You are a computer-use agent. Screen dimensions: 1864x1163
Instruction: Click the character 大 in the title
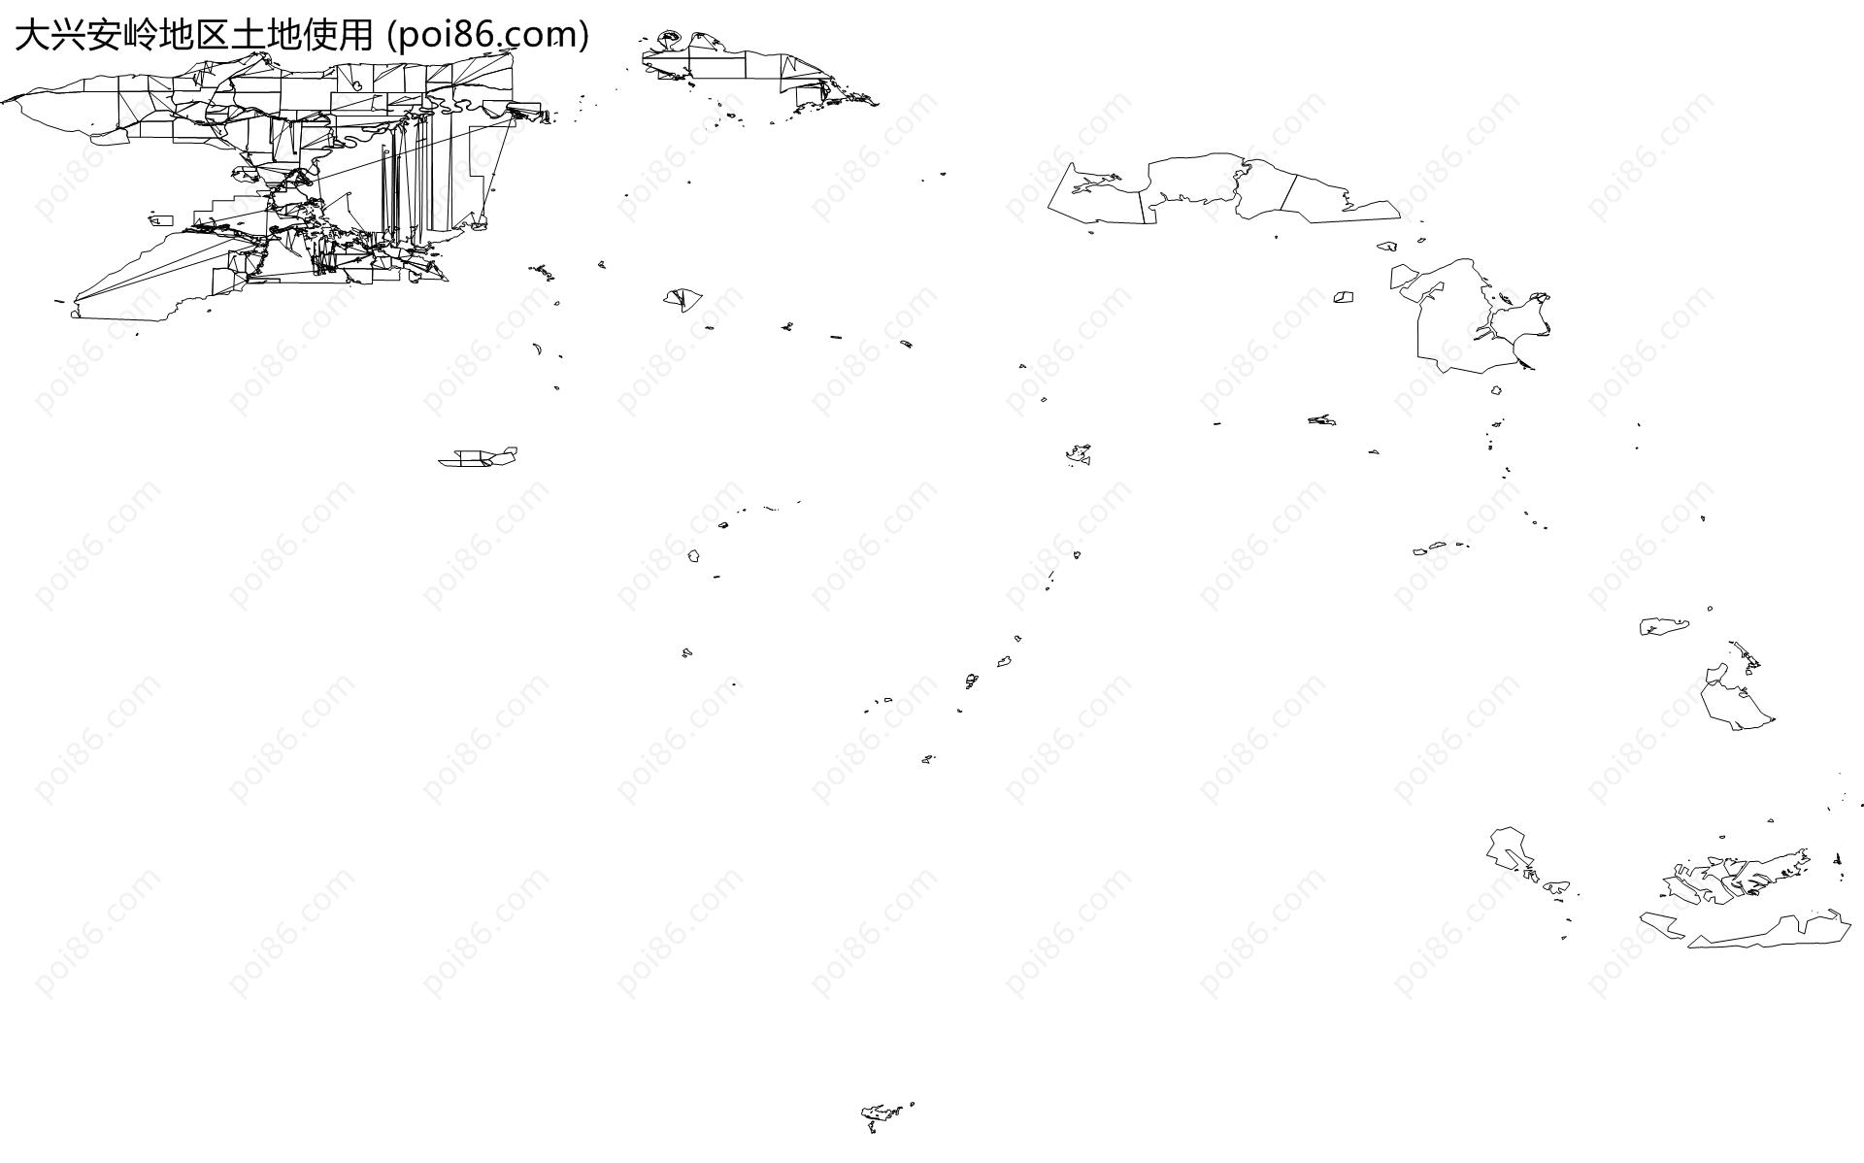coord(31,35)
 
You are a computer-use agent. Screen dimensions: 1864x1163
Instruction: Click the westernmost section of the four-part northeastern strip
coord(1097,194)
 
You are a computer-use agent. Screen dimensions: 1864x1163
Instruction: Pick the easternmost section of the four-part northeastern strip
coord(1340,198)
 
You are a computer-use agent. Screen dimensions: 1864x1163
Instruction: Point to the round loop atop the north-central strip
coord(669,39)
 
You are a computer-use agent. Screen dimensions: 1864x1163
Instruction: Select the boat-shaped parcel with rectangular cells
coord(478,456)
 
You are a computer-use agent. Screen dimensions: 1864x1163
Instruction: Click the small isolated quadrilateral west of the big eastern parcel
coord(1344,297)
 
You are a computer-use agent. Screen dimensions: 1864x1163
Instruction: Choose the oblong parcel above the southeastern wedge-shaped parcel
coord(1664,626)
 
